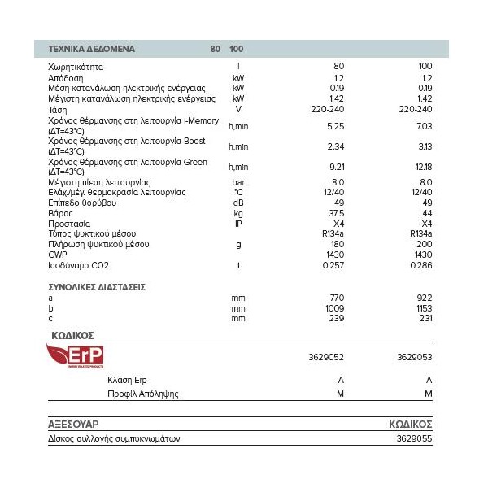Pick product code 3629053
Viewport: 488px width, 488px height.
[x=415, y=355]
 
